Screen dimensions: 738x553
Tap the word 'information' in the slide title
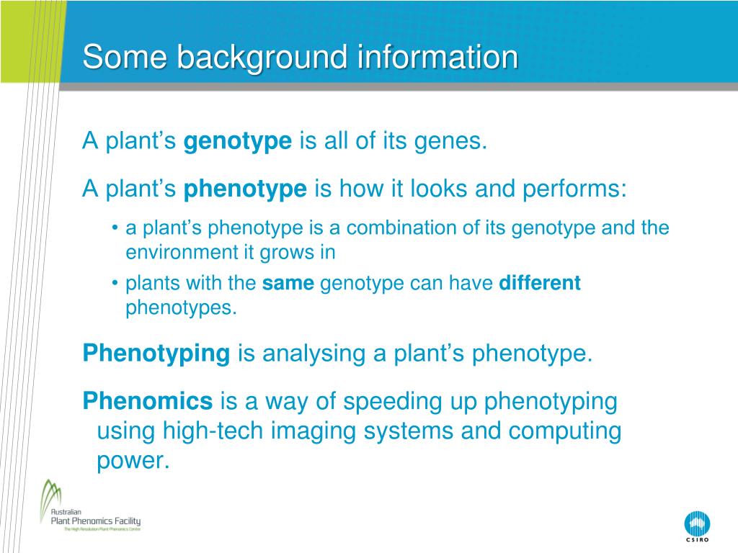(437, 57)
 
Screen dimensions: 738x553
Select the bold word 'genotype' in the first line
(238, 142)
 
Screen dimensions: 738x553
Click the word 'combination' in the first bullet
(401, 228)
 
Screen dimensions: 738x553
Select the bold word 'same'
(288, 283)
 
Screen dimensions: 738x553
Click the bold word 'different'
(539, 282)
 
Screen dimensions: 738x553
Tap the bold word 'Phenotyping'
(156, 354)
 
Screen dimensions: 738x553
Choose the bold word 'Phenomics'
(148, 401)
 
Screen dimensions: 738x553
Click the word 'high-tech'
(213, 431)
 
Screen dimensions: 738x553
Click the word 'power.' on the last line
(133, 461)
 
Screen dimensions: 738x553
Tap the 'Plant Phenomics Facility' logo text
(96, 521)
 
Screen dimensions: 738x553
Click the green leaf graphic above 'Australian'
(50, 496)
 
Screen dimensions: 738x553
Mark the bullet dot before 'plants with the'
(115, 283)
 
